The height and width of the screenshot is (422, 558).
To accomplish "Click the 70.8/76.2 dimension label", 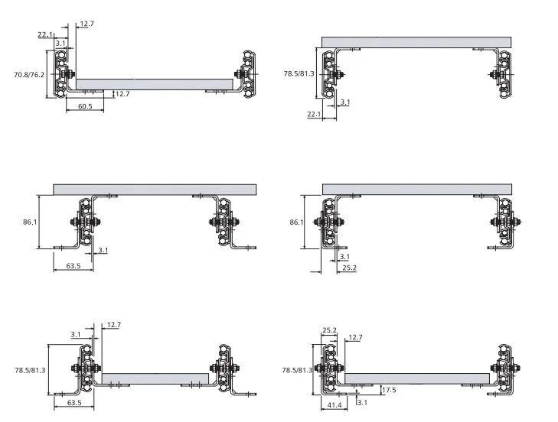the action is [x=29, y=75].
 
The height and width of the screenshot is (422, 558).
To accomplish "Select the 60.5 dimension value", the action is [x=85, y=106].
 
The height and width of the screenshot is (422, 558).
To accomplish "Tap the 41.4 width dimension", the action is [x=334, y=405].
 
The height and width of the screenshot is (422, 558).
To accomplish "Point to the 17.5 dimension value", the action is [x=389, y=390].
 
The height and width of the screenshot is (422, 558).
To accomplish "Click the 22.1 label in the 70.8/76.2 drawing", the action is [x=45, y=34].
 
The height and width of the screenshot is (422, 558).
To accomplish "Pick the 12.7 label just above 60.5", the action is [x=122, y=94].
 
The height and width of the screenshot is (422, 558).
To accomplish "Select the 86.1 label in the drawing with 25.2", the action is [x=296, y=222].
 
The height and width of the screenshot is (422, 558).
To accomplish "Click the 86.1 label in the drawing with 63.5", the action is [x=30, y=222].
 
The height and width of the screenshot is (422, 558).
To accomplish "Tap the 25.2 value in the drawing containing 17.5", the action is [x=329, y=330].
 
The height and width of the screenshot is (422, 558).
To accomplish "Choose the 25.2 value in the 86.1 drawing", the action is [x=349, y=268].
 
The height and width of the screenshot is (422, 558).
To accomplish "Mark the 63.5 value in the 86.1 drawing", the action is [x=73, y=265].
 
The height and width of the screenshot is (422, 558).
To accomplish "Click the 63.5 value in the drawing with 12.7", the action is [x=74, y=402].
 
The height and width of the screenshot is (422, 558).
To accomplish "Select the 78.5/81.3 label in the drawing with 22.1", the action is [x=299, y=74].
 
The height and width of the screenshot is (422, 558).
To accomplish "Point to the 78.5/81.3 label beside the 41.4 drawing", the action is [x=297, y=370].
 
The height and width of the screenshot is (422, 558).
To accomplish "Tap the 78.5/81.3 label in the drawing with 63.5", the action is [x=31, y=370].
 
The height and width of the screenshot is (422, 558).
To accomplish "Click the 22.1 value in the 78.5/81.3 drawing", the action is [x=314, y=114].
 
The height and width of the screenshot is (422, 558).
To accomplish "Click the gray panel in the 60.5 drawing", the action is [x=155, y=84].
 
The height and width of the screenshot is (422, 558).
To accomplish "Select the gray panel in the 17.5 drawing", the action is [x=417, y=378].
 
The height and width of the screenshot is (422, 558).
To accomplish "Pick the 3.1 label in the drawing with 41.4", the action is [x=362, y=402].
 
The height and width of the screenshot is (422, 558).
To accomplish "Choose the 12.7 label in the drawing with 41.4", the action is [x=355, y=337].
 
